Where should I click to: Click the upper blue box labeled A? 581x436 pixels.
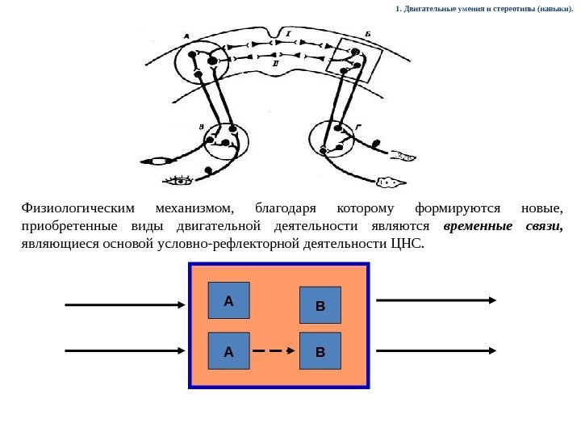pyautogui.click(x=228, y=301)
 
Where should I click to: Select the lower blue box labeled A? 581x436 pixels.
pyautogui.click(x=228, y=351)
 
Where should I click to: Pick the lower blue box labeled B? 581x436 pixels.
pyautogui.click(x=320, y=352)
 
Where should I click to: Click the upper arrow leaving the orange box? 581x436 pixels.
pyautogui.click(x=436, y=300)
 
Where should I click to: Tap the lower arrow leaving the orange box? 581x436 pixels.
pyautogui.click(x=436, y=351)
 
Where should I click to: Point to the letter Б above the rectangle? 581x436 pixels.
pyautogui.click(x=367, y=33)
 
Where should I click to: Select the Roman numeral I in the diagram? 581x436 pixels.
pyautogui.click(x=287, y=34)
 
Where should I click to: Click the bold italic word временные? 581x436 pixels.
pyautogui.click(x=479, y=226)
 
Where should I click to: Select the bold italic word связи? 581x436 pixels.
pyautogui.click(x=544, y=226)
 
